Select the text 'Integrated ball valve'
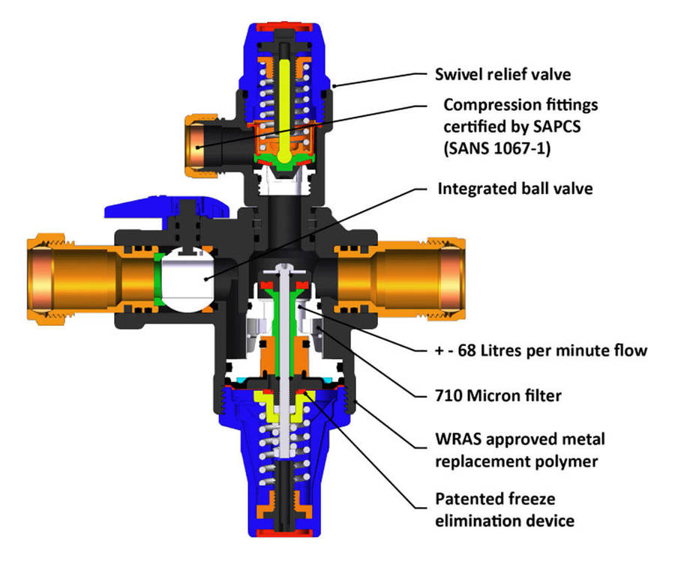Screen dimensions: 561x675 click(x=514, y=188)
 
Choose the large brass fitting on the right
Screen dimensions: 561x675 click(x=401, y=273)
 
